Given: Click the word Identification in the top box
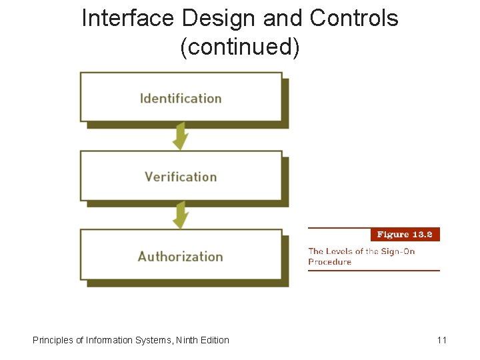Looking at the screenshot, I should point(181,99).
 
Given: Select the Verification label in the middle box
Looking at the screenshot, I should point(181,177).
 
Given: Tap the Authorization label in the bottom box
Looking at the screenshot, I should point(181,256).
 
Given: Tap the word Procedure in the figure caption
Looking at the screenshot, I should point(329,262).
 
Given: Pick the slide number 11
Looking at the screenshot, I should point(441,340).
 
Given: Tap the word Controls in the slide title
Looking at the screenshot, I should point(354,19).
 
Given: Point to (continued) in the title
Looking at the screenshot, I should point(240,47).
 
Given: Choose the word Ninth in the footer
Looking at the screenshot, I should point(190,340).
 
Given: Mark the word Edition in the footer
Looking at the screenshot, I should point(216,340).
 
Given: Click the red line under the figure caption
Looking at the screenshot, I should point(373,271).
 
